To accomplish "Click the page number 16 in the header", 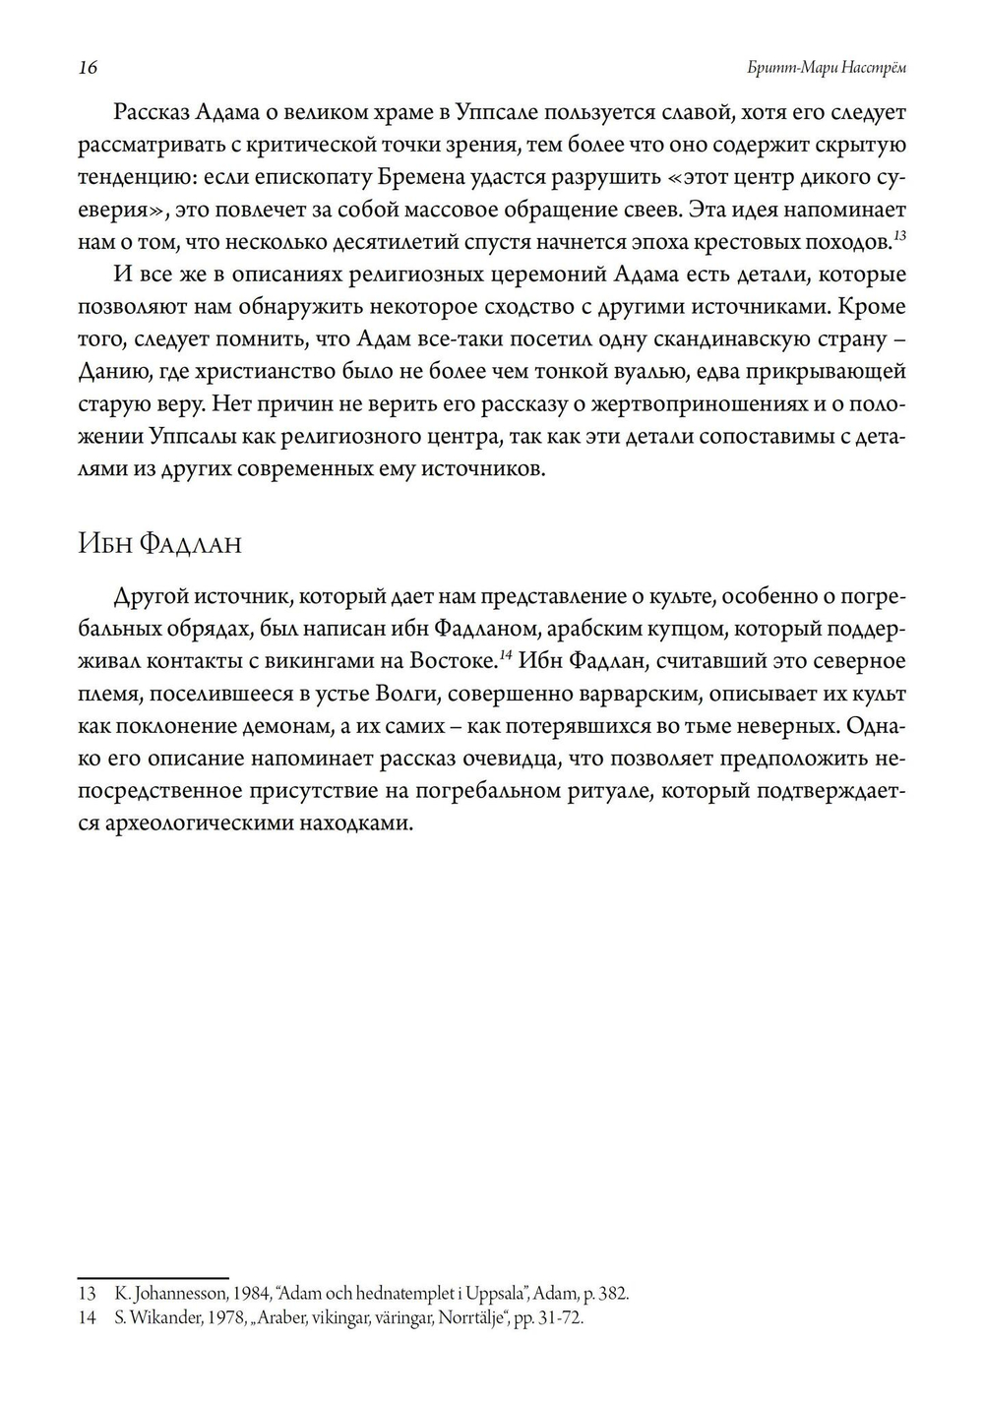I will click(x=88, y=67).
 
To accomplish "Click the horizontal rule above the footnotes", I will click(x=153, y=1277).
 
